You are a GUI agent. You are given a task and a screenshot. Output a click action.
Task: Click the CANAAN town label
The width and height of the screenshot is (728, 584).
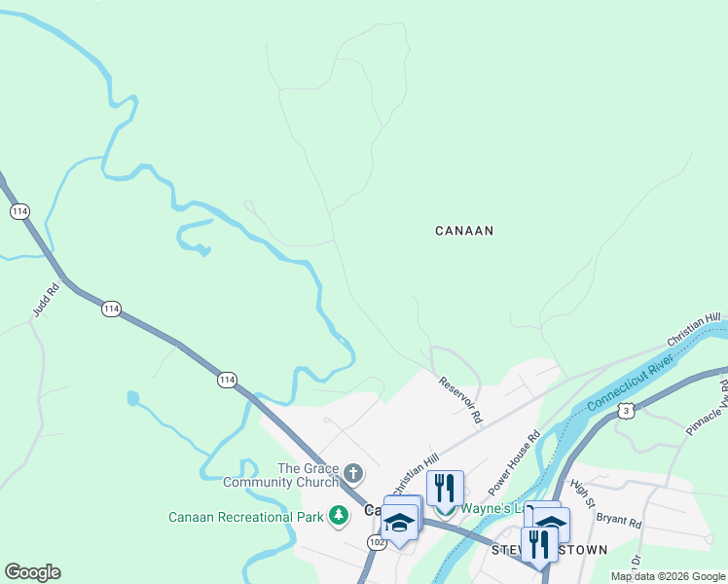coord(464,231)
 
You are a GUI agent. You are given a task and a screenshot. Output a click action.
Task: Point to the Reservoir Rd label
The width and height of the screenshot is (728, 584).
coord(459,400)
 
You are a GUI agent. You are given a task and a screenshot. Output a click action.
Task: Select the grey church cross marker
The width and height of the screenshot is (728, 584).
coord(353,475)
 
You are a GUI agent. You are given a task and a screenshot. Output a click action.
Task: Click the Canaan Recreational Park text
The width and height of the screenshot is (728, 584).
coord(245,517)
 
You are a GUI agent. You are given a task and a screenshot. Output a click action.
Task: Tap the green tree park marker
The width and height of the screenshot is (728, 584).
coord(339,515)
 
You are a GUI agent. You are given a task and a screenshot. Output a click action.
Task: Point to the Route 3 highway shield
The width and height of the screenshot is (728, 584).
coord(627,412)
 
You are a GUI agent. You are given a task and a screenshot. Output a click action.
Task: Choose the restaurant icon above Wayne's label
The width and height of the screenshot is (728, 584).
coord(445,487)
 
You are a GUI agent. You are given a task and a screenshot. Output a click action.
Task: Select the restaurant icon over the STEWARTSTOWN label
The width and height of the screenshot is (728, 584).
coord(539,543)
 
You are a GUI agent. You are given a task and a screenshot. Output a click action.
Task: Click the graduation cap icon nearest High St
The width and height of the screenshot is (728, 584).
coord(551,524)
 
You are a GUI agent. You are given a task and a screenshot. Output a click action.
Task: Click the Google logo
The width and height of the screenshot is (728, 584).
coord(32,572)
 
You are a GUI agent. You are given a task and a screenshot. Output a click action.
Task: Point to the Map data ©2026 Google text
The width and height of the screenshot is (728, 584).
coord(668,576)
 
